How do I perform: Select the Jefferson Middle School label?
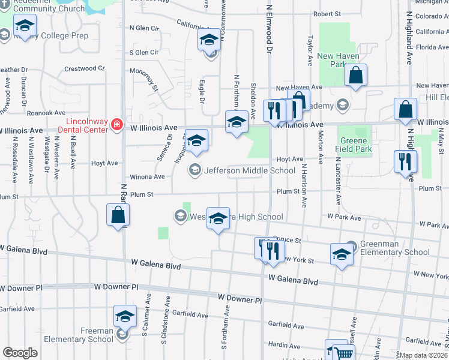click(250, 170)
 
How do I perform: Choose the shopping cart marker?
click(337, 351)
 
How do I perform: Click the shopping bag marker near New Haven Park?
click(355, 76)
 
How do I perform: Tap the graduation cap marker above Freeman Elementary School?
click(125, 317)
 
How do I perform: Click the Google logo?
click(20, 353)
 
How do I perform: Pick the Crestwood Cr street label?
click(85, 68)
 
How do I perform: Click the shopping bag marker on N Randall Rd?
click(118, 216)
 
